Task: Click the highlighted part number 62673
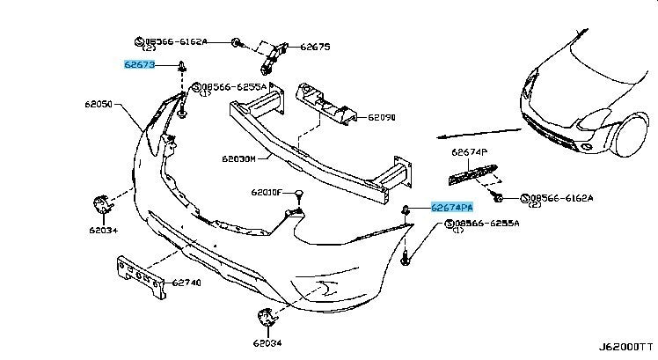pos(139,64)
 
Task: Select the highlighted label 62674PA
pos(452,208)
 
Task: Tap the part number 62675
pos(314,47)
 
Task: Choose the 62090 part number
pos(382,117)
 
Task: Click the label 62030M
pos(238,159)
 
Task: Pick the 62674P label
pos(469,151)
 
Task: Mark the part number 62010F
pos(265,192)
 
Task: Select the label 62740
pos(186,283)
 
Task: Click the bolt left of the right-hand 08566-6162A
pos(498,198)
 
